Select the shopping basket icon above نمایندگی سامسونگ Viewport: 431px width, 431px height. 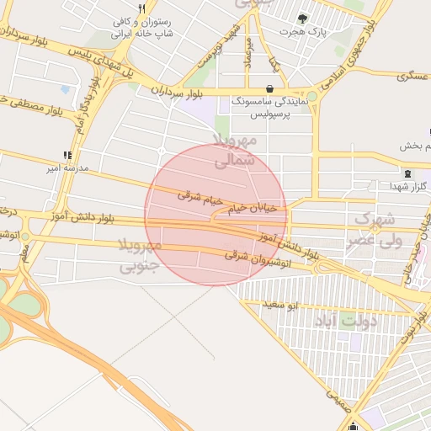click(x=269, y=88)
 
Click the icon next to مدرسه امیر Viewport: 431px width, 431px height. click(x=67, y=155)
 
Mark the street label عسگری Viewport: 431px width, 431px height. click(x=418, y=75)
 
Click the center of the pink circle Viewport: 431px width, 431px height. click(x=215, y=215)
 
